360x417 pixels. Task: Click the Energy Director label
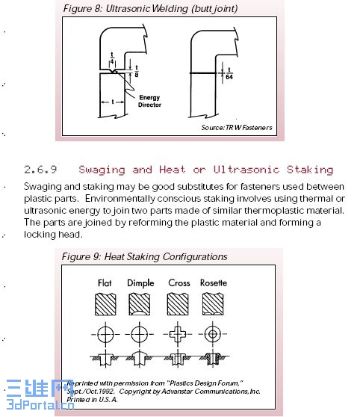[149, 101]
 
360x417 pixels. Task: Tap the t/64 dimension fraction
[229, 74]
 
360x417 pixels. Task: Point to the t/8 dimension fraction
[137, 71]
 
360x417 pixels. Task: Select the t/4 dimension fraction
[112, 58]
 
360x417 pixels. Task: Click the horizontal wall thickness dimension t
[113, 102]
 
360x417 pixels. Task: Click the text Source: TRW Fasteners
[237, 128]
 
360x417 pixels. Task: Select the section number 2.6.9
[40, 170]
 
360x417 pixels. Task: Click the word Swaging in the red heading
[102, 170]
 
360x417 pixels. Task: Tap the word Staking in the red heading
[310, 170]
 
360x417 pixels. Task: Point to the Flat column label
[105, 282]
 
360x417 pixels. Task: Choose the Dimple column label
[140, 283]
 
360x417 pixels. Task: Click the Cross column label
[179, 282]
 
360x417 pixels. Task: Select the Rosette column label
[214, 282]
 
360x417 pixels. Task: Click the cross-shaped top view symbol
[178, 334]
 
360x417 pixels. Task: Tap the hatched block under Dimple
[140, 304]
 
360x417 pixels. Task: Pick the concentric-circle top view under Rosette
[212, 334]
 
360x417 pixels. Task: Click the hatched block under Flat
[105, 304]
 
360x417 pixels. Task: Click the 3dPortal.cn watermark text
[40, 404]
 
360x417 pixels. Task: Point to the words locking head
[52, 235]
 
